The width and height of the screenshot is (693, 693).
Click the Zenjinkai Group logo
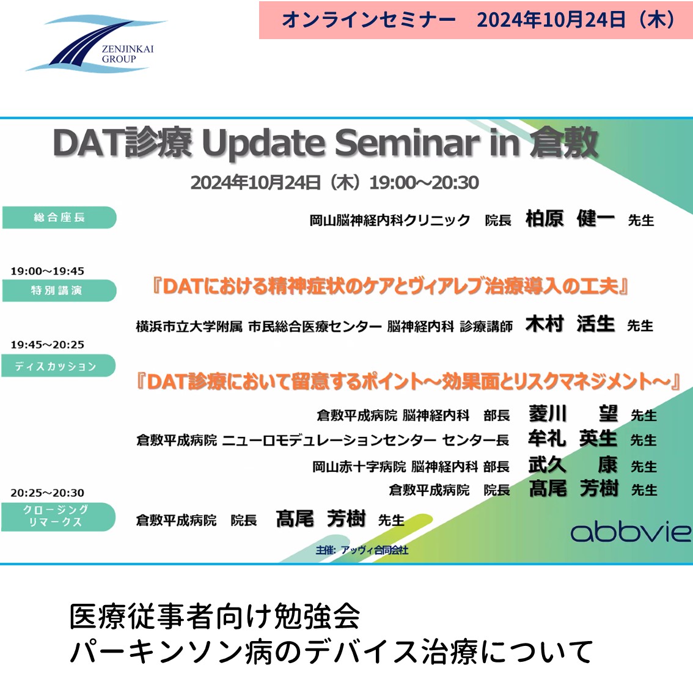click(95, 43)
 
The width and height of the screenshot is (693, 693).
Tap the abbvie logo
click(631, 532)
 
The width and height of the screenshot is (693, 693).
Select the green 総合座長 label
click(59, 217)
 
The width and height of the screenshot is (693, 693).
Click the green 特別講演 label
click(59, 290)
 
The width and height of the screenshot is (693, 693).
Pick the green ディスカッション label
click(58, 366)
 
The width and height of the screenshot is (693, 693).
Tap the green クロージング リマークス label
click(58, 516)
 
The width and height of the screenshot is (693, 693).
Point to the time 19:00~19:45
click(47, 271)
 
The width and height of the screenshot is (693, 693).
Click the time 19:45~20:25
click(47, 345)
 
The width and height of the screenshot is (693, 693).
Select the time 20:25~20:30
click(47, 493)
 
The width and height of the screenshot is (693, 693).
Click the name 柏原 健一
click(570, 218)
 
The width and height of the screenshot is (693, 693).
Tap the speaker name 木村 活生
click(570, 324)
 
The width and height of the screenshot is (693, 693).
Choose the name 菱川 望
click(573, 414)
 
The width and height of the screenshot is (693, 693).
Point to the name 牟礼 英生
click(573, 438)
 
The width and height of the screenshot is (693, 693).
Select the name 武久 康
click(573, 464)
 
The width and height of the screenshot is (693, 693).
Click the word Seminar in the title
click(406, 143)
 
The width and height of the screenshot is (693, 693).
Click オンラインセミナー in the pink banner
click(369, 20)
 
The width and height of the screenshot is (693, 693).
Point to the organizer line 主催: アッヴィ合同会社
click(362, 550)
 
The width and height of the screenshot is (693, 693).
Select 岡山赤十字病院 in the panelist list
click(359, 466)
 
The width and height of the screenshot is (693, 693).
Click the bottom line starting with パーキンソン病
click(331, 652)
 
